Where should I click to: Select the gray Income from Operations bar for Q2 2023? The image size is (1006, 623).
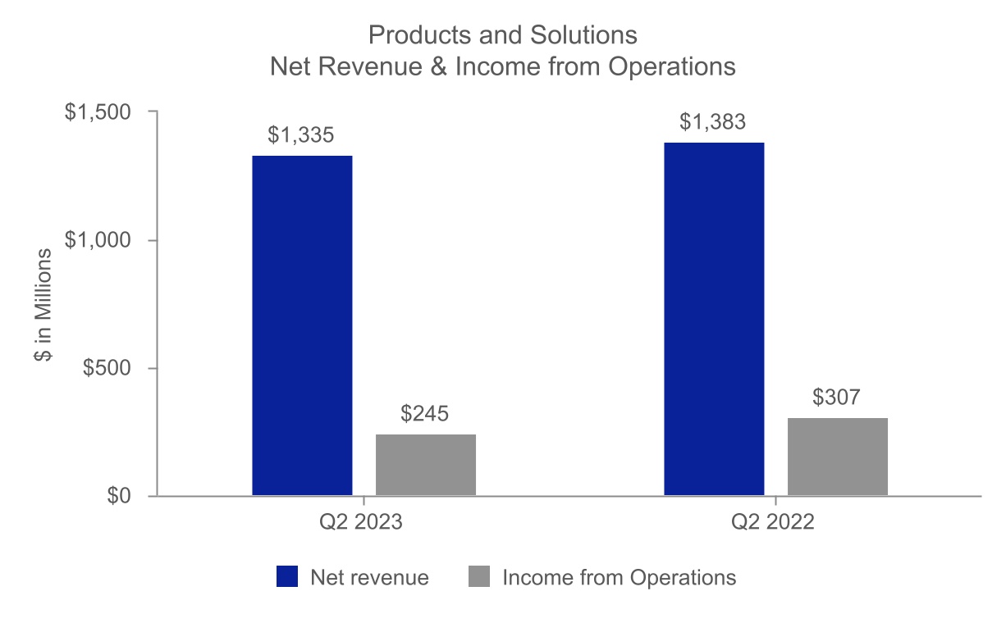426,465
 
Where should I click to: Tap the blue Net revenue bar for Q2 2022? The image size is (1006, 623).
714,319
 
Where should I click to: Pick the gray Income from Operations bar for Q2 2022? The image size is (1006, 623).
838,457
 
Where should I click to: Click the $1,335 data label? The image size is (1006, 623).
301,135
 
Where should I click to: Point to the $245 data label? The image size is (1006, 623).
425,414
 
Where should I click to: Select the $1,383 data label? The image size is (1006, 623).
713,122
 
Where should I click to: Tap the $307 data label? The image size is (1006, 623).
837,398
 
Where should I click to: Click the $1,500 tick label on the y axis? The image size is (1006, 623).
98,112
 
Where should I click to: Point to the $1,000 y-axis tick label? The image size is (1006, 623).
98,240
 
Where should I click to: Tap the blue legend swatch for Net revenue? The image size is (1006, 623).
287,577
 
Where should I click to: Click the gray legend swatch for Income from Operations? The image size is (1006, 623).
479,577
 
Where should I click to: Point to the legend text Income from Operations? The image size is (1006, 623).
619,577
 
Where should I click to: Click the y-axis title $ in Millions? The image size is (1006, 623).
43,304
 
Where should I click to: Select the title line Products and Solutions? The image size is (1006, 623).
503,36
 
